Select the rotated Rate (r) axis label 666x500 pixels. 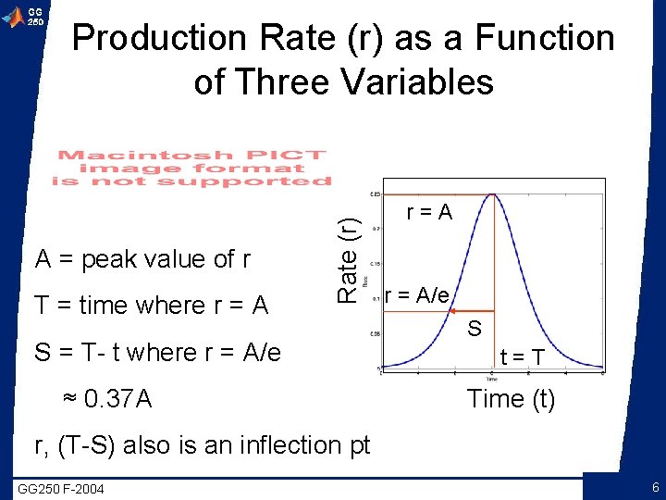tap(347, 258)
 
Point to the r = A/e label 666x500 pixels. tap(417, 294)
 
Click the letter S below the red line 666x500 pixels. tap(475, 328)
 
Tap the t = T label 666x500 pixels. tap(523, 357)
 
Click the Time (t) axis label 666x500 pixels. tap(511, 399)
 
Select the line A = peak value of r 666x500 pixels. tap(142, 259)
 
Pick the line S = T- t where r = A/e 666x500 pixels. tap(157, 353)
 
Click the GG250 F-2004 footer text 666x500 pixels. tap(61, 488)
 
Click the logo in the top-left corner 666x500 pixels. tap(23, 17)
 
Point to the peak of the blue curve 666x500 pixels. tap(496, 194)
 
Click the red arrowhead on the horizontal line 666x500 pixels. tap(455, 312)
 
